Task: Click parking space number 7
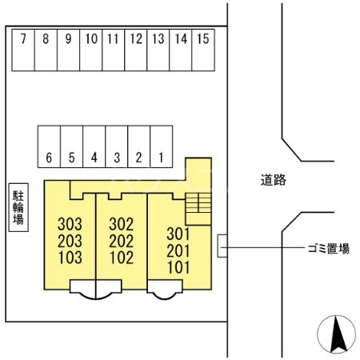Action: click(x=24, y=50)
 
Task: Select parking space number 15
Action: click(x=203, y=50)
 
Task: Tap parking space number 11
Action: click(x=113, y=50)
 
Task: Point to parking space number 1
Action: click(x=162, y=146)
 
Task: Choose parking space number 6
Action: click(x=50, y=146)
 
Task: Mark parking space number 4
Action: click(x=94, y=146)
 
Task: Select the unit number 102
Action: click(x=121, y=257)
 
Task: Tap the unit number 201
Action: click(x=178, y=250)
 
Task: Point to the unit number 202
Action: click(x=121, y=240)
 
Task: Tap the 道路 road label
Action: click(x=274, y=180)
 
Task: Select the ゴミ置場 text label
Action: click(x=329, y=249)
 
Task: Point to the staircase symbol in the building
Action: click(x=197, y=209)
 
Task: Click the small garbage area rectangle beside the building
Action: click(x=222, y=246)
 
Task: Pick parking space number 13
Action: click(x=158, y=50)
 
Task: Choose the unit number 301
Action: click(x=178, y=234)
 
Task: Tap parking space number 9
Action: click(x=69, y=50)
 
